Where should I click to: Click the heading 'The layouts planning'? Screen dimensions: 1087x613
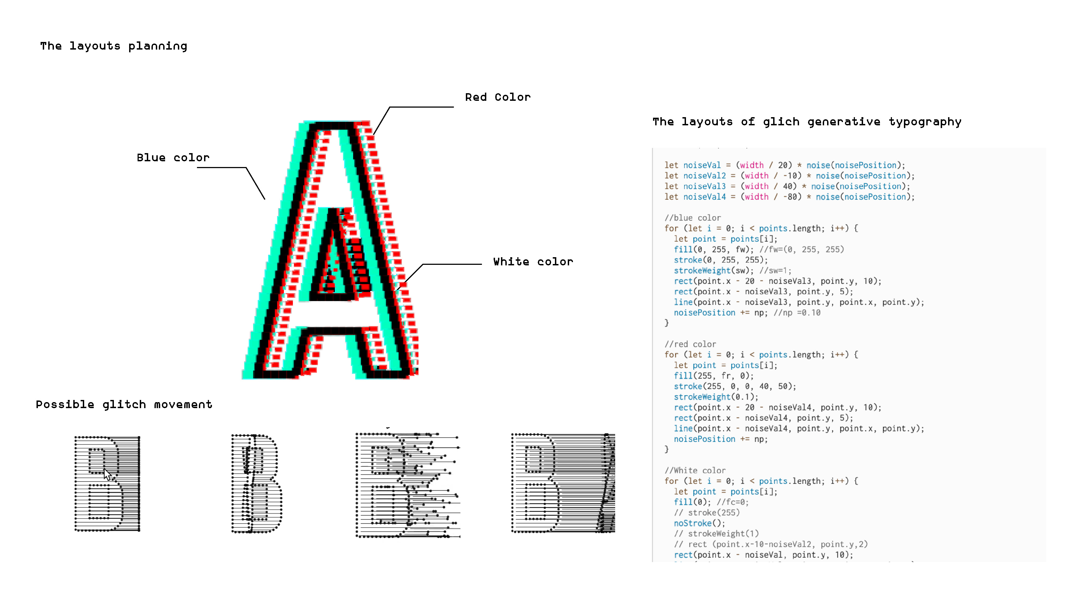[x=114, y=46]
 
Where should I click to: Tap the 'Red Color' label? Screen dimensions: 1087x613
[x=497, y=98]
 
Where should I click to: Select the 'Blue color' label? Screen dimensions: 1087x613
[x=173, y=158]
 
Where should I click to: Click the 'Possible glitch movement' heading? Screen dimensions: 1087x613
[x=124, y=405]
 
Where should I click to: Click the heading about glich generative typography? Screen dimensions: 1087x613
[x=807, y=122]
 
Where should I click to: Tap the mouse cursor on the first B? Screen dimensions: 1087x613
[x=107, y=474]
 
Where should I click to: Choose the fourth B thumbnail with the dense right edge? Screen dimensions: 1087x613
[x=563, y=483]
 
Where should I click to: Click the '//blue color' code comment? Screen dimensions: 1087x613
[x=693, y=218]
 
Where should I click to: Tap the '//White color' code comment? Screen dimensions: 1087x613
[x=695, y=471]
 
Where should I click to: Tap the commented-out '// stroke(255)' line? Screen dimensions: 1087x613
[x=706, y=512]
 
